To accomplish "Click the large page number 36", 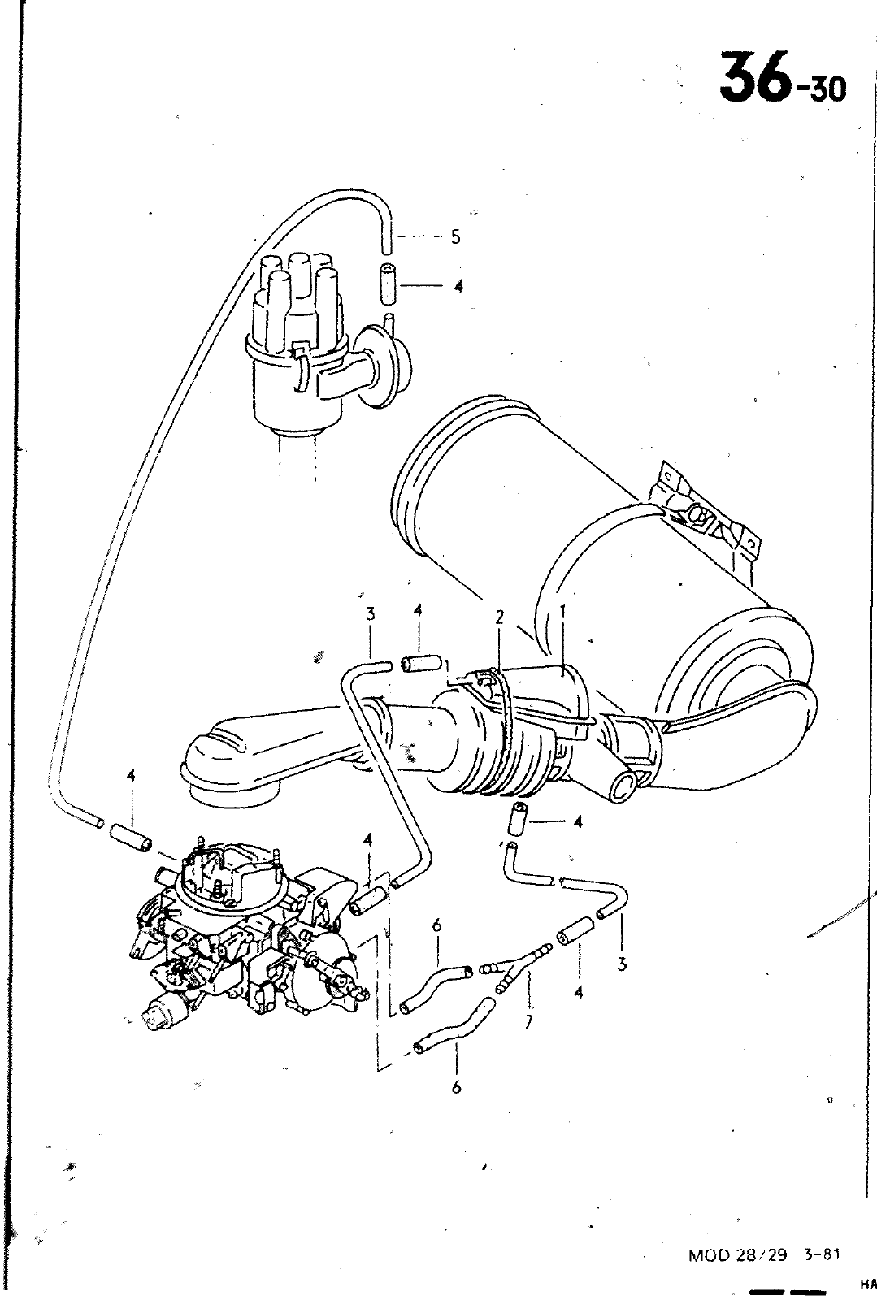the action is click(x=756, y=76).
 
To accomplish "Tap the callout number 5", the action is click(x=455, y=236).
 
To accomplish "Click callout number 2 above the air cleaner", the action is click(x=500, y=617).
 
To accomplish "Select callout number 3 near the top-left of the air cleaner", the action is click(x=371, y=613).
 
